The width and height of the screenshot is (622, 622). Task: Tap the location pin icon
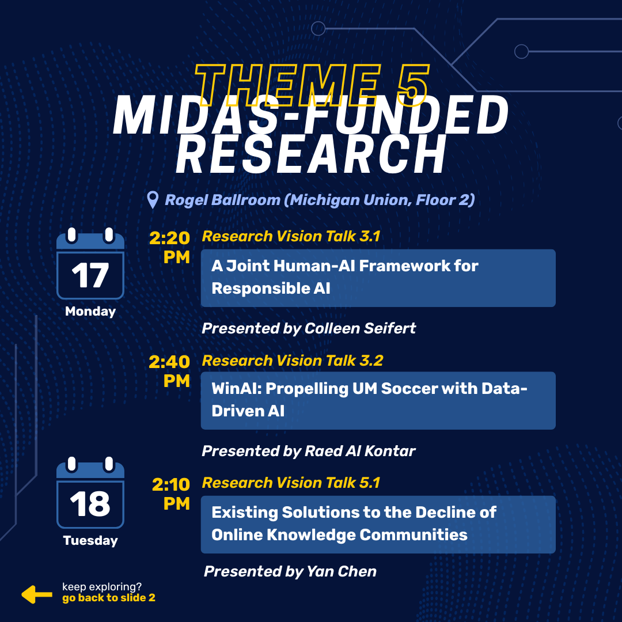(x=153, y=200)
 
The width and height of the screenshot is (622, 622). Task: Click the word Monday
(x=90, y=312)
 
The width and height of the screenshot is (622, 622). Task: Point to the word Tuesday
(x=90, y=541)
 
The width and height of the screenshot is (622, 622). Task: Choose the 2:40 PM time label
(x=170, y=371)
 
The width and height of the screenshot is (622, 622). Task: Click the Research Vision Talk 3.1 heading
(x=291, y=236)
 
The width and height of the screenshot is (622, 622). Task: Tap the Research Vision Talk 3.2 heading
(x=292, y=361)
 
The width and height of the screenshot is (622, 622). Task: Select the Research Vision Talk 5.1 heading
(x=291, y=483)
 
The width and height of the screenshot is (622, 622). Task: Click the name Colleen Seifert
(x=360, y=328)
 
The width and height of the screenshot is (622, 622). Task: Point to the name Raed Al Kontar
(x=360, y=450)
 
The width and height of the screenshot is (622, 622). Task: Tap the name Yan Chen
(x=342, y=571)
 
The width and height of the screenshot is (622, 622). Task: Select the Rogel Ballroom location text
(x=320, y=200)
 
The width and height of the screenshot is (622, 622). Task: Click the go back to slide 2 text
(x=109, y=598)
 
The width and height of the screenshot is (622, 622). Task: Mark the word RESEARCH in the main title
(x=312, y=154)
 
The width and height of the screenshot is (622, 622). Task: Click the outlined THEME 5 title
(x=312, y=85)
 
